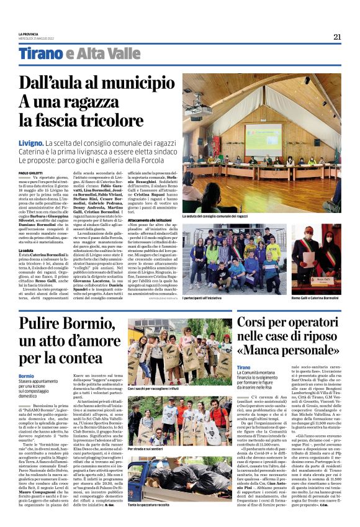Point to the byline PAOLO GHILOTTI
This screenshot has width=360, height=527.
[x=30, y=172]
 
